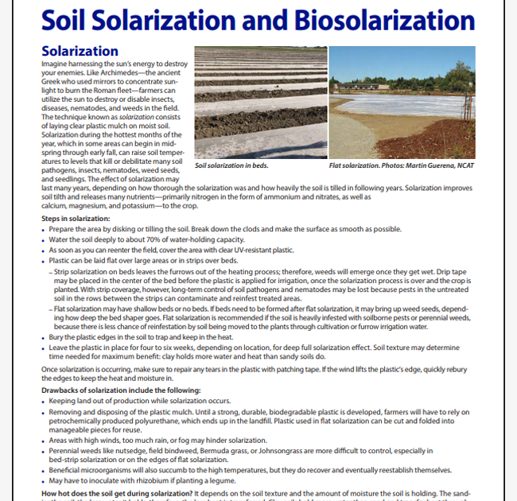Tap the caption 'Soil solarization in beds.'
(x=231, y=166)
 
